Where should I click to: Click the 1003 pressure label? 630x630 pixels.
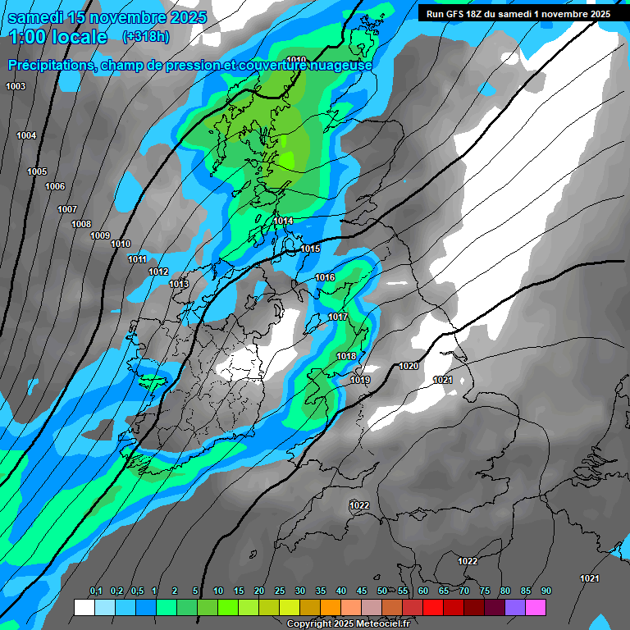[x=16, y=86]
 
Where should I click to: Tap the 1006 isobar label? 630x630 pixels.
[x=55, y=186]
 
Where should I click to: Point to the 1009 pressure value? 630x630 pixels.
[x=100, y=235]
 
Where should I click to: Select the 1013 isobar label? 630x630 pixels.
[x=179, y=284]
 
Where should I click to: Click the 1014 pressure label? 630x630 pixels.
[x=284, y=221]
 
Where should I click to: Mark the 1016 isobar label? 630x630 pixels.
[x=325, y=278]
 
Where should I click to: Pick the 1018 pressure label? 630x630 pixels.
[x=346, y=356]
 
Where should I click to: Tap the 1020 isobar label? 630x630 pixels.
[x=409, y=366]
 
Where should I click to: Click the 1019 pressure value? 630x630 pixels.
[x=360, y=380]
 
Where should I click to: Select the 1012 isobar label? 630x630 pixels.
[x=158, y=272]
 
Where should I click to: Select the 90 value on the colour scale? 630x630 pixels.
[x=546, y=591]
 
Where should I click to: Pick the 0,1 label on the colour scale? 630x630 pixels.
[x=95, y=591]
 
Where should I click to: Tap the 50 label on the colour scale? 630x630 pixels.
[x=382, y=591]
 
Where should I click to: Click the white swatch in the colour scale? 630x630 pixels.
[x=84, y=607]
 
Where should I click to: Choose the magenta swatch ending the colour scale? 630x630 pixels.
[x=536, y=607]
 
